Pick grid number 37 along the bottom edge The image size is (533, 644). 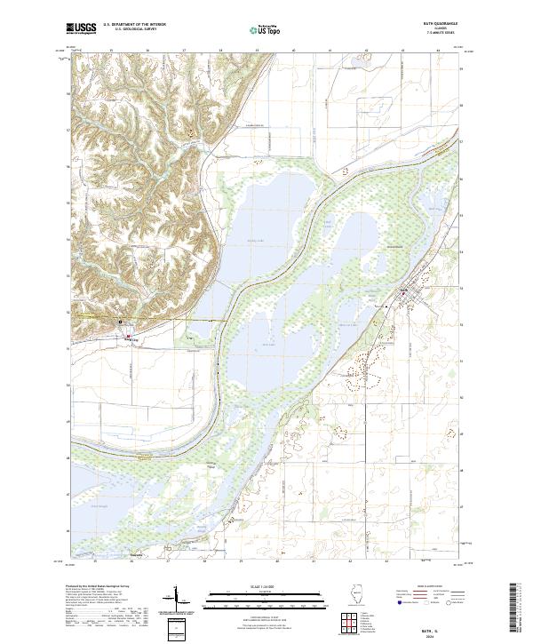[167, 561]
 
